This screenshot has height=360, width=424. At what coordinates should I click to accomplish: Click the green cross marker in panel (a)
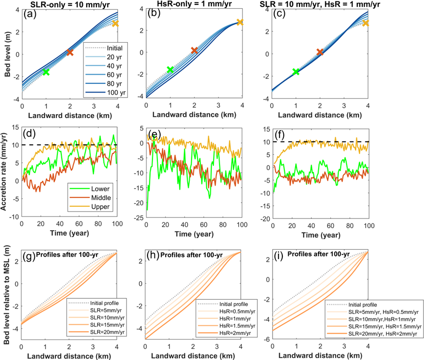(46, 72)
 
